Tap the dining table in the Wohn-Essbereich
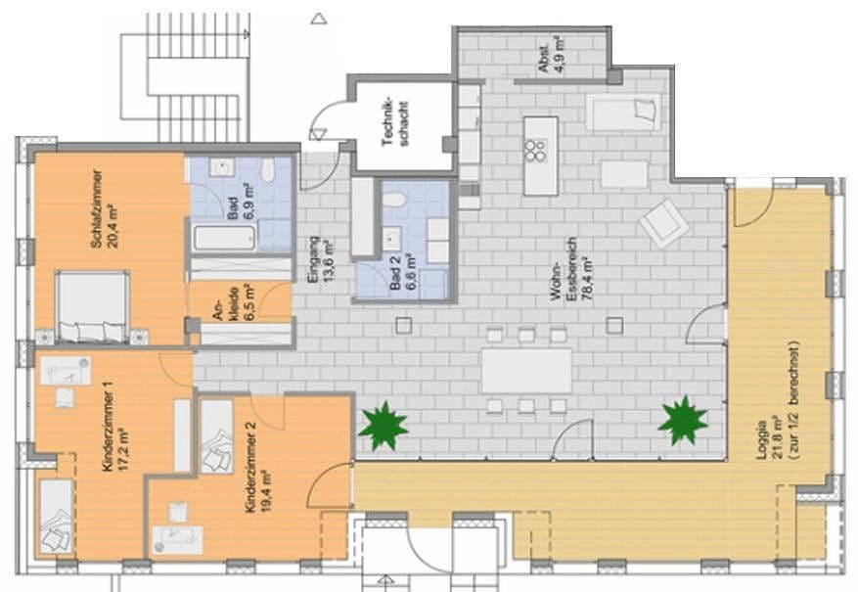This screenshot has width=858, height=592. [526, 370]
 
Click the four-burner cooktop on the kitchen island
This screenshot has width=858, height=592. [536, 149]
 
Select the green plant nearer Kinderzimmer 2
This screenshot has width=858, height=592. [383, 427]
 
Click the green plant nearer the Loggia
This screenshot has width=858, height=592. [682, 420]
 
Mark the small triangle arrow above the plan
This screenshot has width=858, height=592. [317, 18]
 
